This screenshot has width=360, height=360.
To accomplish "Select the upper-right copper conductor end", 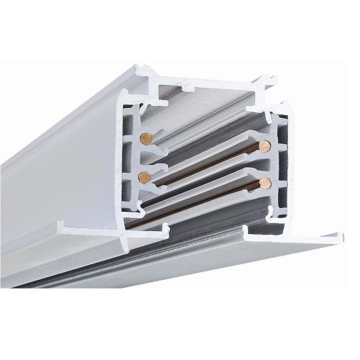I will (266, 146).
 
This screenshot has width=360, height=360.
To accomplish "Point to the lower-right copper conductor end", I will (266, 181).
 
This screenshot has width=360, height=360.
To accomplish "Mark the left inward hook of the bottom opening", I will (166, 229).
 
